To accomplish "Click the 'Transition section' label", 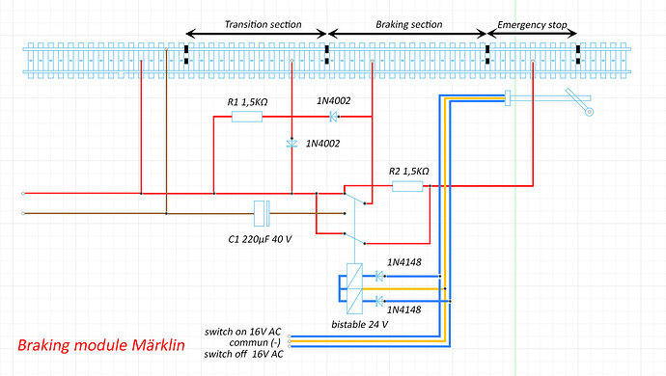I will tap(256, 23).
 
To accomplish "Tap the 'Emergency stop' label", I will tap(532, 23).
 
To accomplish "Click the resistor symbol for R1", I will tap(246, 118).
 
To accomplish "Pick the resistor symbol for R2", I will tap(407, 186).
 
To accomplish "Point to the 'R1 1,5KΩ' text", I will tap(243, 99).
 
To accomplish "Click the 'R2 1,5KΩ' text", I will tap(408, 171).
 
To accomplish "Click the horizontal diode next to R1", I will tap(334, 118).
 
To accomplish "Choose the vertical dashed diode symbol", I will tap(291, 144).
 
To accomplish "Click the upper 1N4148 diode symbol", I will tap(379, 277).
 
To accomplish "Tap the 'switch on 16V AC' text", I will tap(243, 332).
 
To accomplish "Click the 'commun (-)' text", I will tap(255, 342).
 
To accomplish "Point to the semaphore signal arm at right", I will tap(580, 101).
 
